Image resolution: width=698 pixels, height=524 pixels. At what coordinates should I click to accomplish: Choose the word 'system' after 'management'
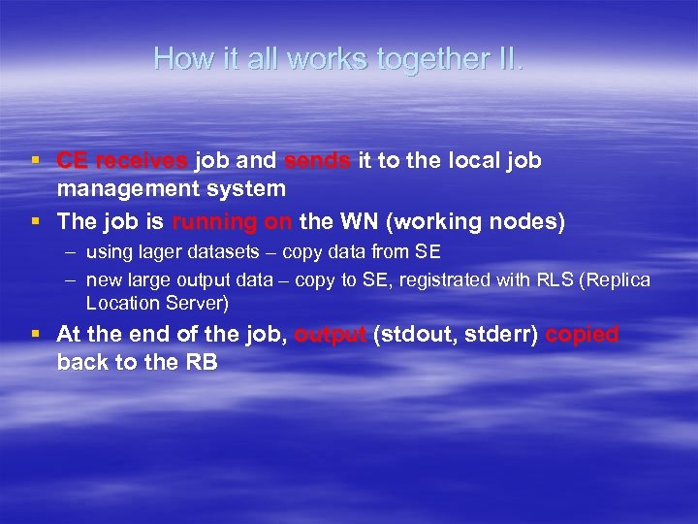(252, 188)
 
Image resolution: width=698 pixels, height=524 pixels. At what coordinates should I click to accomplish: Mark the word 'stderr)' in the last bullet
(502, 335)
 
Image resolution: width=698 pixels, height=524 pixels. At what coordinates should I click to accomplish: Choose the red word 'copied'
(582, 335)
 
